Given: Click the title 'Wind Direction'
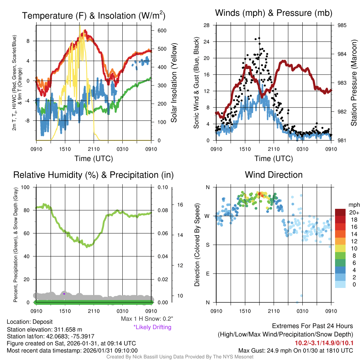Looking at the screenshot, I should pyautogui.click(x=274, y=175).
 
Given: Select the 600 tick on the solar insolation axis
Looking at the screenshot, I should pyautogui.click(x=162, y=31).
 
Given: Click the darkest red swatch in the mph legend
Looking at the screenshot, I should pyautogui.click(x=341, y=212).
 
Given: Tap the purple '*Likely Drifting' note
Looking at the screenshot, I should pyautogui.click(x=152, y=327).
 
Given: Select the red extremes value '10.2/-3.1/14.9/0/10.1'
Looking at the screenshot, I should pyautogui.click(x=324, y=343).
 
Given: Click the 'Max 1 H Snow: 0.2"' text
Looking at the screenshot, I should pyautogui.click(x=147, y=319).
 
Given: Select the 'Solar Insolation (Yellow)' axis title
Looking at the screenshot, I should pyautogui.click(x=174, y=83).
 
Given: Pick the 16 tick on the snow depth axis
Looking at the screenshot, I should pyautogui.click(x=180, y=205).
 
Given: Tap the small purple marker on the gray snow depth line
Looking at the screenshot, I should pyautogui.click(x=64, y=293).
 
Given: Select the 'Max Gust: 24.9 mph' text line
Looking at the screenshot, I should pyautogui.click(x=296, y=350).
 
